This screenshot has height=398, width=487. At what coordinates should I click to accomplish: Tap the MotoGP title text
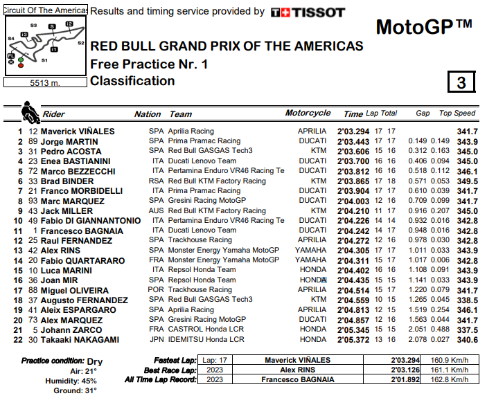(423, 27)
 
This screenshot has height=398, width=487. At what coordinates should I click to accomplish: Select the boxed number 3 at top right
(461, 82)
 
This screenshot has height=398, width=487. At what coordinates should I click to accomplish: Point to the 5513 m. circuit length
(45, 82)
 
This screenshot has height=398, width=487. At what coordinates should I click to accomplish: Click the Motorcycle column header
(308, 114)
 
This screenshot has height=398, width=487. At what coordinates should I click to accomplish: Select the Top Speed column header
(457, 114)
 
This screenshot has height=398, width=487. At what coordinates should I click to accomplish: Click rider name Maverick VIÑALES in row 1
(77, 132)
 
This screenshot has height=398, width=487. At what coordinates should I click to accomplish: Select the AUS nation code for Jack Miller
(157, 210)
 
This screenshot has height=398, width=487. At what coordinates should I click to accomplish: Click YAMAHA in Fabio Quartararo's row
(311, 260)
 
